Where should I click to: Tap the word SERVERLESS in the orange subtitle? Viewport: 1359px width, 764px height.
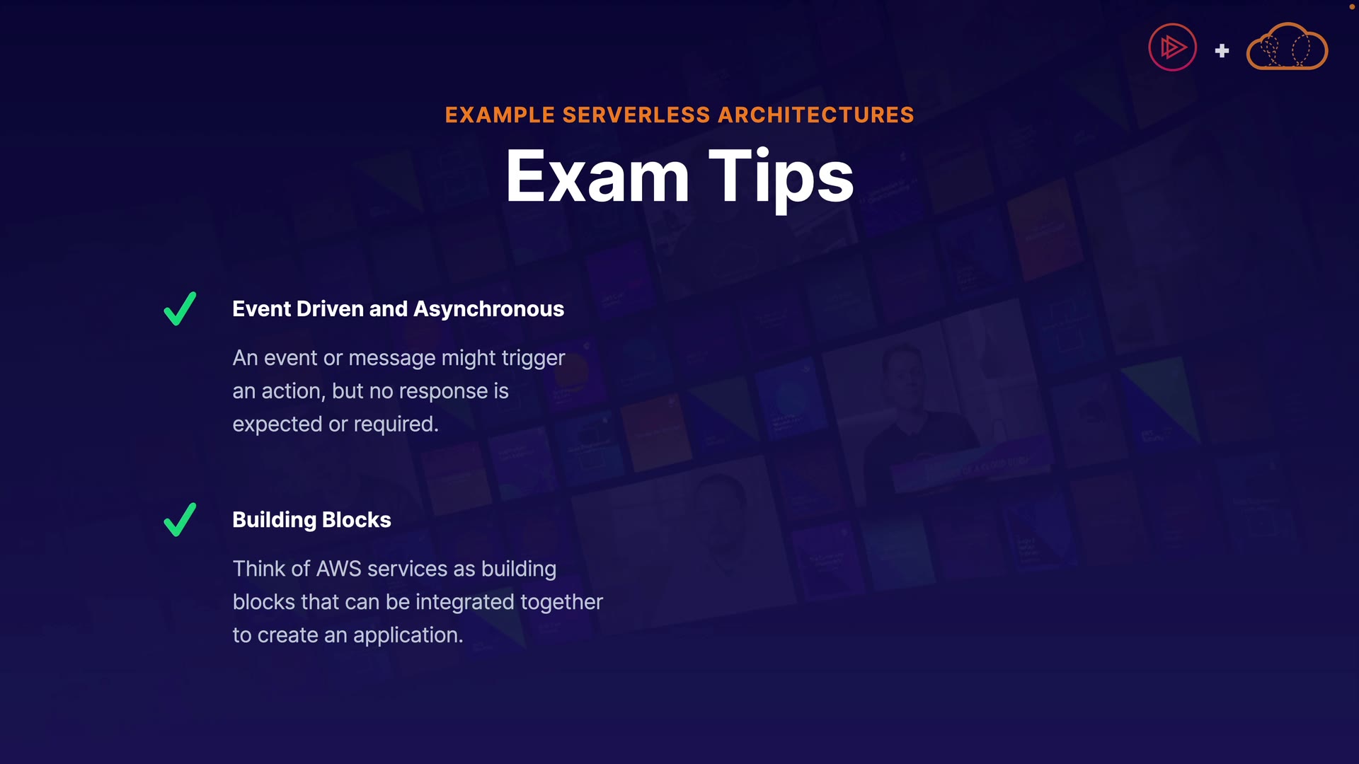point(636,115)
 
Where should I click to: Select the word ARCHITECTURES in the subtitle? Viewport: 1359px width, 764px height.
point(816,115)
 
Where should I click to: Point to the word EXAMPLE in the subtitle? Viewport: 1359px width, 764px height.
point(500,115)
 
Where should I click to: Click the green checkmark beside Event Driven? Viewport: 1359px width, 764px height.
point(180,308)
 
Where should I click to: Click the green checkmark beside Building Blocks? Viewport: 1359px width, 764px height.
point(180,520)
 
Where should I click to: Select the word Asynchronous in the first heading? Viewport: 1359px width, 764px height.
point(489,309)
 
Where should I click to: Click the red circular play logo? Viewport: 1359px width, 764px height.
point(1172,47)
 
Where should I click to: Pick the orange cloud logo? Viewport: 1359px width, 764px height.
point(1287,46)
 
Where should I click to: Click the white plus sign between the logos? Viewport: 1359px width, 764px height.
point(1222,51)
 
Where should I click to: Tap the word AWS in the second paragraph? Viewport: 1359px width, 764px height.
point(339,569)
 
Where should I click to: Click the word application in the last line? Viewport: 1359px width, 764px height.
point(408,635)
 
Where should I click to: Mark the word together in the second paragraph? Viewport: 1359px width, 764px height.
point(562,602)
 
